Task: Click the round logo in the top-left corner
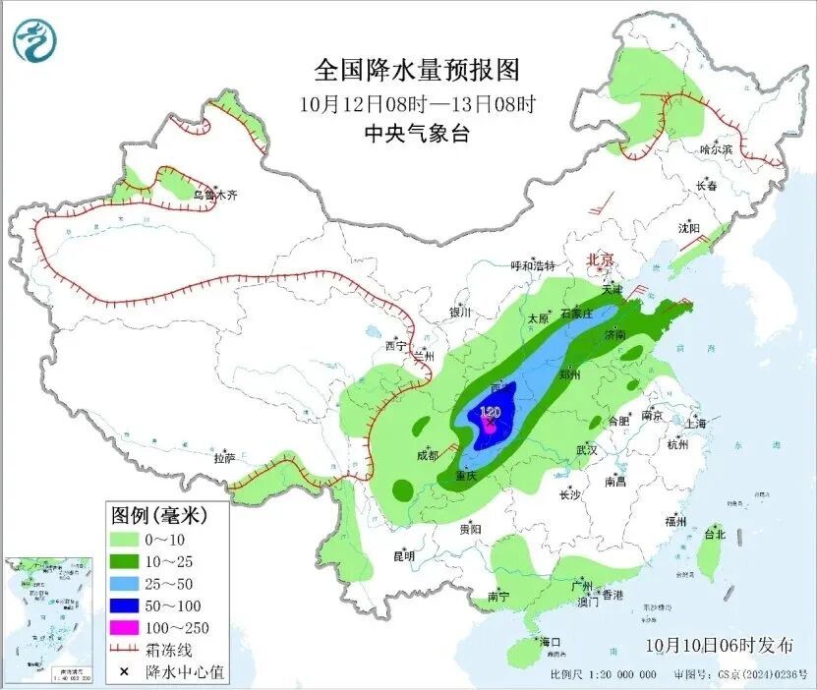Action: pos(35,40)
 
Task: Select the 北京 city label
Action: pos(600,259)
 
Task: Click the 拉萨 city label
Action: pos(224,457)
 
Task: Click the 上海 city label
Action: pos(696,424)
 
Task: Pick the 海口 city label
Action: pos(550,642)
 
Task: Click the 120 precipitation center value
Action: pos(490,412)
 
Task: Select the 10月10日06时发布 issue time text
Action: pos(721,646)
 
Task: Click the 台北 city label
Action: pos(715,535)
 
